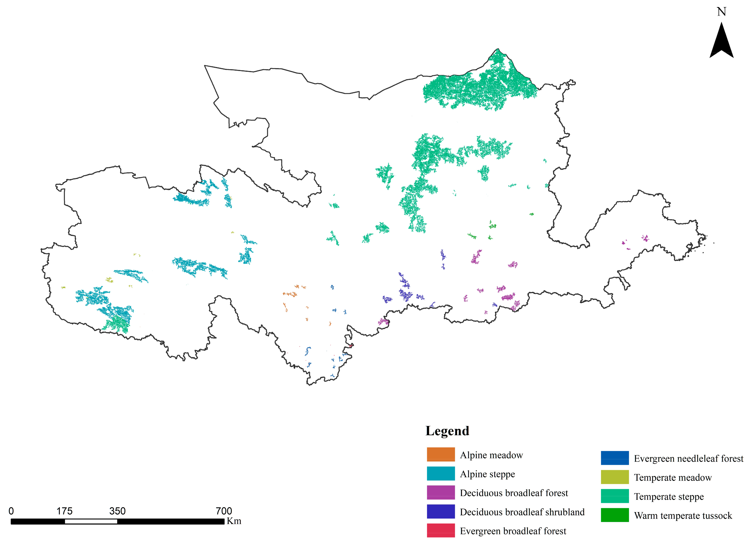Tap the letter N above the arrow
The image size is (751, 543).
point(722,12)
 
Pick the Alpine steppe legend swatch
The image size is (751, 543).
point(441,473)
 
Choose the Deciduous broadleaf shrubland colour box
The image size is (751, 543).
point(441,511)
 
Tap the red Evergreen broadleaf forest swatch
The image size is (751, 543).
point(441,530)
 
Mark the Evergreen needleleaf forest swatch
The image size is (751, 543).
point(615,458)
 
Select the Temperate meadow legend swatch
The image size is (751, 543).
point(615,477)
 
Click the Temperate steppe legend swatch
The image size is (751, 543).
point(615,496)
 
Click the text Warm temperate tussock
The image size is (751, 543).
point(683,516)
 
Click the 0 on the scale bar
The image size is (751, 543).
point(11,511)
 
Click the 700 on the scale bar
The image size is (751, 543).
point(224,511)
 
